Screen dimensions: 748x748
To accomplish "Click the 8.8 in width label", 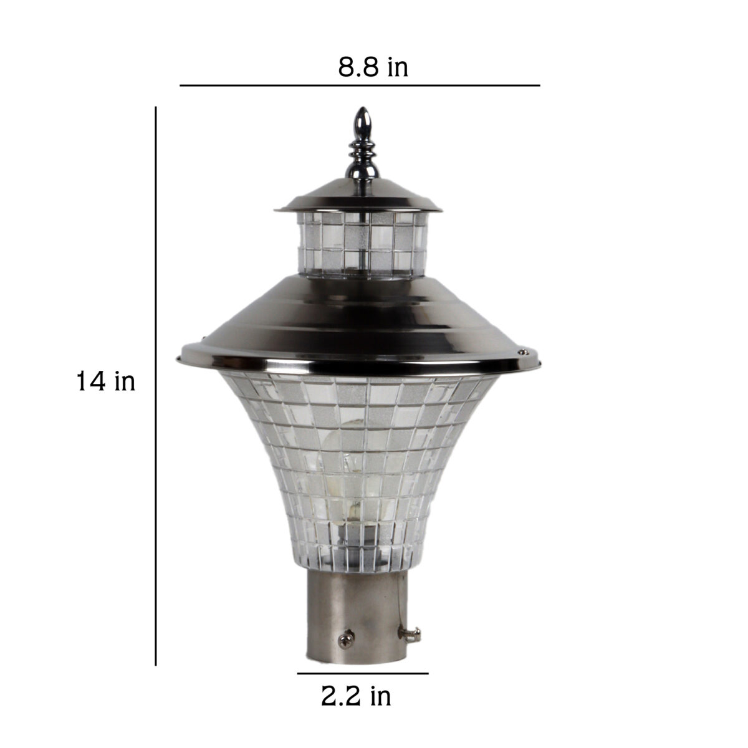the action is (x=373, y=67).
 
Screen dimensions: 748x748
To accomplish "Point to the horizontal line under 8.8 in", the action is (x=360, y=85).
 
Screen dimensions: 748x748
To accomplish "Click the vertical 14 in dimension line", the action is (x=156, y=386).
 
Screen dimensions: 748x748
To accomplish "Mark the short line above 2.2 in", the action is (x=363, y=673).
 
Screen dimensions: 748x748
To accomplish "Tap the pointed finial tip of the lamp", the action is (x=363, y=108).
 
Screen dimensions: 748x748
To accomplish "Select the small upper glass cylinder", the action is (x=362, y=246).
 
